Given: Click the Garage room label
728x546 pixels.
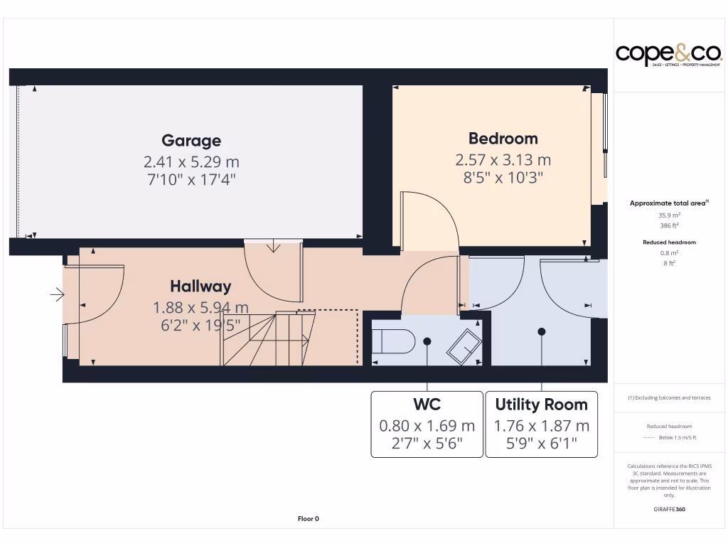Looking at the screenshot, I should (191, 141).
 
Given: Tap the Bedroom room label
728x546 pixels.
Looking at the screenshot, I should (503, 139).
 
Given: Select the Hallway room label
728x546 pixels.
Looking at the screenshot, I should (200, 287).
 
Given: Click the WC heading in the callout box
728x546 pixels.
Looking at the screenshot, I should (427, 405).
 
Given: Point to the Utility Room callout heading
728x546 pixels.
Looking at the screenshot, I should (541, 405).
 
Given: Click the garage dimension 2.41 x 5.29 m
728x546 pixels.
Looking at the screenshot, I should (191, 161).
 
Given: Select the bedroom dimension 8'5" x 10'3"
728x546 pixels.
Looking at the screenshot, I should (503, 178).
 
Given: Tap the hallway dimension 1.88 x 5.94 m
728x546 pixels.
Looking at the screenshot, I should (200, 308).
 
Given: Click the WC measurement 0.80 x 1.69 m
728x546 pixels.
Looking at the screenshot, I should (427, 426).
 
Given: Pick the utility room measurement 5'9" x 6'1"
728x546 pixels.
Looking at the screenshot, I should (541, 445).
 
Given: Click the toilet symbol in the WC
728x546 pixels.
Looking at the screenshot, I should (394, 342).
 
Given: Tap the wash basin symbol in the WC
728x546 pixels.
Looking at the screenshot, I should (463, 346).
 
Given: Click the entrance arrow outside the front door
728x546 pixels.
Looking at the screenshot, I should (57, 294).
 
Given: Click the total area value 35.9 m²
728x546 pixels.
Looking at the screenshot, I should (669, 215).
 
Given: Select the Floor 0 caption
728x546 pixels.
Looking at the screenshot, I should (308, 519).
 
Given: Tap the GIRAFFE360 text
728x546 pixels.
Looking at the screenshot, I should (669, 509).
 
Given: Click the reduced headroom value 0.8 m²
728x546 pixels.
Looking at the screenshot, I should (669, 252).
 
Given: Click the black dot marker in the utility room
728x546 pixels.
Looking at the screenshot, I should (542, 331).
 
